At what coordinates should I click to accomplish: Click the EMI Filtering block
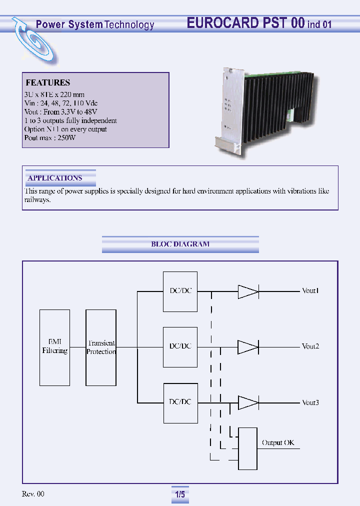click(54, 347)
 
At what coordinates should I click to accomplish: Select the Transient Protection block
click(101, 347)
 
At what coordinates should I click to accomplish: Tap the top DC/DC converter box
click(180, 291)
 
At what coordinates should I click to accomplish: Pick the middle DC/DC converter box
click(180, 346)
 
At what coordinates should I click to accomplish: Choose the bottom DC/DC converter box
click(180, 402)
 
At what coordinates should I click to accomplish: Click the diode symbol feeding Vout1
click(247, 291)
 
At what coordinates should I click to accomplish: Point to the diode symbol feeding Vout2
click(247, 346)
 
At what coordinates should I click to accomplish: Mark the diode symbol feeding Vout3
click(247, 402)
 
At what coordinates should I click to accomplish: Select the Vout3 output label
click(310, 403)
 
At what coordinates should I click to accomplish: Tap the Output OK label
click(278, 443)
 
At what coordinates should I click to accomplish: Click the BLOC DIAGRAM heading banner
click(180, 244)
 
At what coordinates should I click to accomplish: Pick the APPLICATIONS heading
click(55, 178)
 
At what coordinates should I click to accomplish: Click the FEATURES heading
click(47, 83)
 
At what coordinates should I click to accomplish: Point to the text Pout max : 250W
click(50, 138)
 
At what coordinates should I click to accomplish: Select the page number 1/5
click(180, 494)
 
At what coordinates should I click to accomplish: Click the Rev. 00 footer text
click(33, 494)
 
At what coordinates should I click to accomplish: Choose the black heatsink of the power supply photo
click(280, 95)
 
